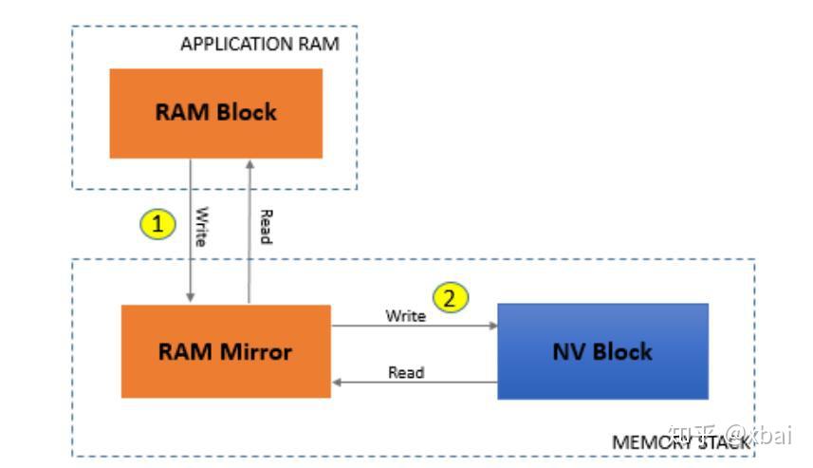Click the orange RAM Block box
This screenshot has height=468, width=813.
click(215, 113)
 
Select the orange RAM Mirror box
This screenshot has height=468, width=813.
click(225, 351)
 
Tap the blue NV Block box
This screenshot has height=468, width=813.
click(602, 351)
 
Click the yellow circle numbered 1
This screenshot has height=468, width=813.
click(157, 224)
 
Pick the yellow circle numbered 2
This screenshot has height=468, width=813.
click(451, 298)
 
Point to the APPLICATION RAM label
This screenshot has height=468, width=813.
click(259, 44)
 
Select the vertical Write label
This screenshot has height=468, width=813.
click(201, 228)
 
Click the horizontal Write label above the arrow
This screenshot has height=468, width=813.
click(405, 315)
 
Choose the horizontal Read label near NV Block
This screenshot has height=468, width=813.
click(406, 372)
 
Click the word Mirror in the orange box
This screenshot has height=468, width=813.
click(256, 351)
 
